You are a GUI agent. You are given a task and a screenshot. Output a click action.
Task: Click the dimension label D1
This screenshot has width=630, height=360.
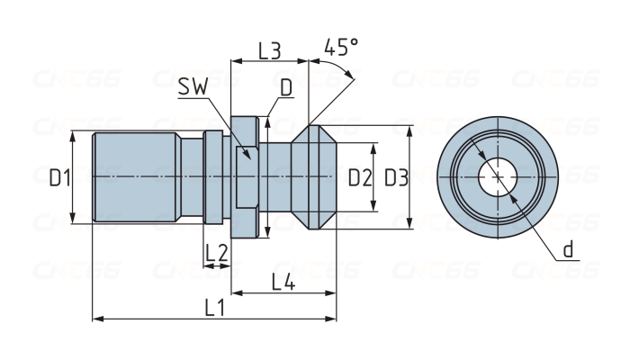point(59,178)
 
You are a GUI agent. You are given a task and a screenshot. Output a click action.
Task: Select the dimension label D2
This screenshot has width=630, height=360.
point(360,178)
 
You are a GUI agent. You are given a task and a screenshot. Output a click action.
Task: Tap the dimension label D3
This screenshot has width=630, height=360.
point(396,178)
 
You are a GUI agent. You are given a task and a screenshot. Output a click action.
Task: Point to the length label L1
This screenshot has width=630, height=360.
point(214,307)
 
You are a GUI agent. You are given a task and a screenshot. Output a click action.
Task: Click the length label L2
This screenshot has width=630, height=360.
point(216,254)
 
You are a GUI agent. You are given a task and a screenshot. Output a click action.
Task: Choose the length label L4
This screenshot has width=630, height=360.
point(284,282)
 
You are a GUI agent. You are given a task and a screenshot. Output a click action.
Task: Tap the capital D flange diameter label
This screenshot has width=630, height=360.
point(285,87)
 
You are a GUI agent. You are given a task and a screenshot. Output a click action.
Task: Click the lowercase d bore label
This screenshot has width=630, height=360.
point(568,248)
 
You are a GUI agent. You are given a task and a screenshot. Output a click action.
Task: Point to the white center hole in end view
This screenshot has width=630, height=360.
point(493,177)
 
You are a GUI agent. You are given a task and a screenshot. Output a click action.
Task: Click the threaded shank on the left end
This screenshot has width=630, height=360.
point(135,177)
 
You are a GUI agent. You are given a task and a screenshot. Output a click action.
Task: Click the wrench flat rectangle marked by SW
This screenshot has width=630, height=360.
point(246,177)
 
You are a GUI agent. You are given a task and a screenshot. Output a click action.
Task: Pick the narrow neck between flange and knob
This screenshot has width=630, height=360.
point(277,177)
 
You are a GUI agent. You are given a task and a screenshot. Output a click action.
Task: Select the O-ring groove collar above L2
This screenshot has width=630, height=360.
point(212,177)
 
